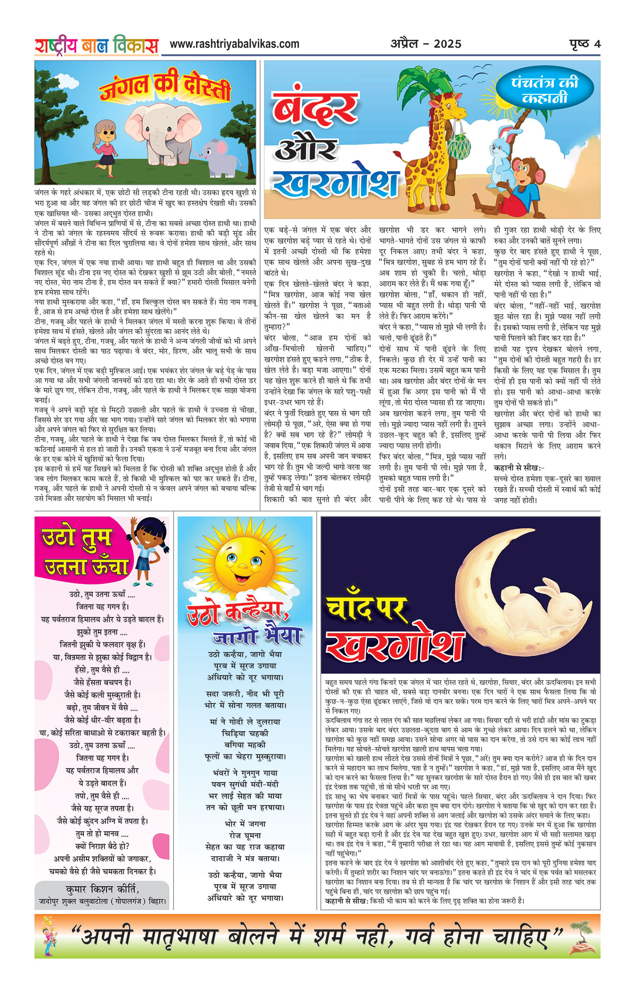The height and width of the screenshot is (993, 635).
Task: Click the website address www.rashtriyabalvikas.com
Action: tap(234, 44)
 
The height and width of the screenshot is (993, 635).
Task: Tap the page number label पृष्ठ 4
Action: tap(585, 44)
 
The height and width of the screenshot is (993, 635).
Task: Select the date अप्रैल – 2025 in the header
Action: tap(426, 44)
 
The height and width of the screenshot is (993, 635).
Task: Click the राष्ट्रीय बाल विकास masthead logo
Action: tap(96, 46)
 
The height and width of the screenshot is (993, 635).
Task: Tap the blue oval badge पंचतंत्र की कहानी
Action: tap(545, 91)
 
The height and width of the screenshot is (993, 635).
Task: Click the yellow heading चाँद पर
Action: tap(366, 609)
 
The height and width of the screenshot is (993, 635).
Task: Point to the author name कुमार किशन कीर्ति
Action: tap(102, 889)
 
